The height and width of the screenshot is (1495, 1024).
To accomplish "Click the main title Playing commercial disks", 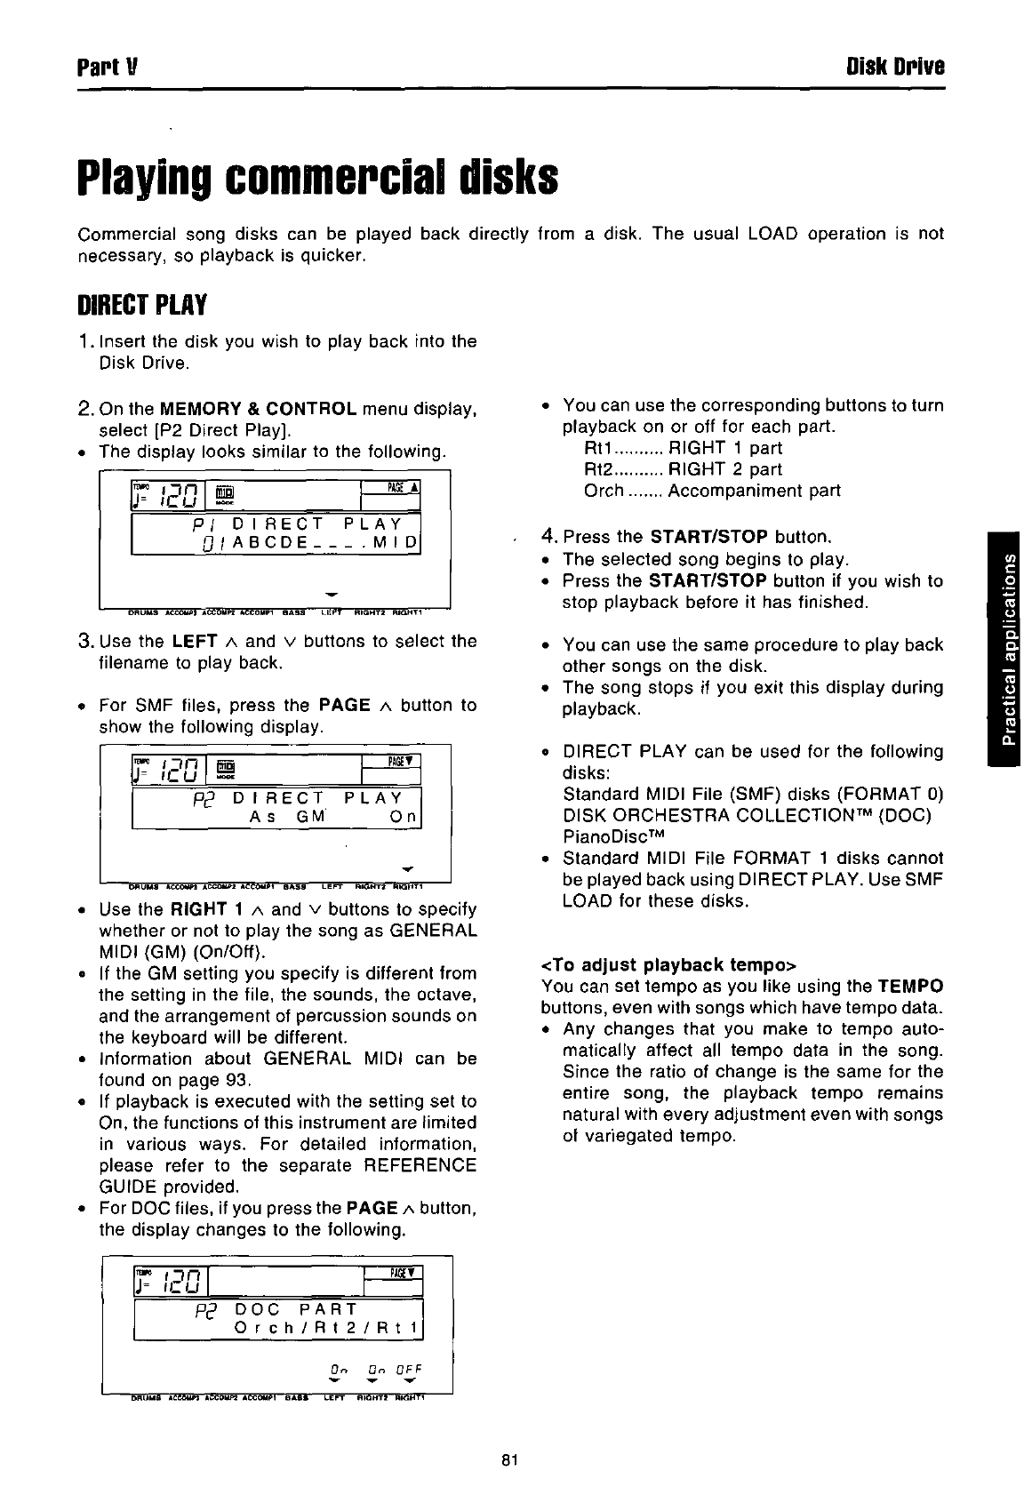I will (317, 178).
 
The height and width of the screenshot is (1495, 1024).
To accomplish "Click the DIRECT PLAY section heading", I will (142, 306).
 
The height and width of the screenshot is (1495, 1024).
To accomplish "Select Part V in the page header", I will (105, 68).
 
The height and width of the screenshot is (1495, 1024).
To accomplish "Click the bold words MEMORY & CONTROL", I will (258, 410).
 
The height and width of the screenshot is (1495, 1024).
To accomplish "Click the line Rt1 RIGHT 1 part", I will (683, 448).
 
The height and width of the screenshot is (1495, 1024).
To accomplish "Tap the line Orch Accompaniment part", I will (711, 491).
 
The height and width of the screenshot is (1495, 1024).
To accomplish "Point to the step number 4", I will (548, 537).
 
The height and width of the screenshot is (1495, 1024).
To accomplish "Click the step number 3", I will (85, 641).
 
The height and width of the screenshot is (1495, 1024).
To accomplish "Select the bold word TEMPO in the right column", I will (909, 986).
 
